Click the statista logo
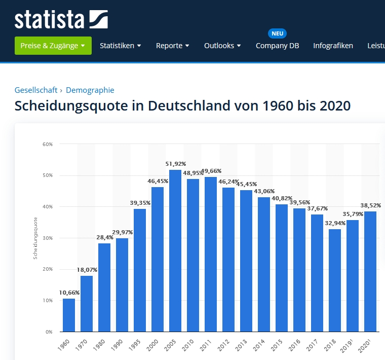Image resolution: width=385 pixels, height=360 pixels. pyautogui.click(x=61, y=19)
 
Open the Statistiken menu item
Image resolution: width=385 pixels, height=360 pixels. pyautogui.click(x=120, y=46)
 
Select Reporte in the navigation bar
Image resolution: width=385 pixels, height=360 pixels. pyautogui.click(x=172, y=46)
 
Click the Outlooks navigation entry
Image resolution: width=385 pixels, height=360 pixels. pyautogui.click(x=222, y=46)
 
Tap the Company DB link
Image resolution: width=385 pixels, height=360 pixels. pyautogui.click(x=277, y=46)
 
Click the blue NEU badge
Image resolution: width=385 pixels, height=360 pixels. pyautogui.click(x=277, y=33)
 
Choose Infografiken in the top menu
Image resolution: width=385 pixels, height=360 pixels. pyautogui.click(x=333, y=46)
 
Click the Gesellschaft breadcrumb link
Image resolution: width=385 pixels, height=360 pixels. pyautogui.click(x=35, y=90)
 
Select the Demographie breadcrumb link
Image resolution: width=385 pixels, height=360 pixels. pyautogui.click(x=90, y=90)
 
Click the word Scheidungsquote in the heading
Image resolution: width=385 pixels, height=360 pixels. pyautogui.click(x=78, y=106)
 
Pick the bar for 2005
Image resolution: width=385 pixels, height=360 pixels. pyautogui.click(x=175, y=251)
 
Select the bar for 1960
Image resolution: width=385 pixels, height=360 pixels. pyautogui.click(x=69, y=315)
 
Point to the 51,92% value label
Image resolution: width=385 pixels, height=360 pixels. pyautogui.click(x=175, y=164)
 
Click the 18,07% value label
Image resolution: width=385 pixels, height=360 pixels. pyautogui.click(x=87, y=270)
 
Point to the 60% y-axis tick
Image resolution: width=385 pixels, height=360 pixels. pyautogui.click(x=48, y=145)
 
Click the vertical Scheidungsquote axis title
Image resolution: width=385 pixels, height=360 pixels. pyautogui.click(x=35, y=238)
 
